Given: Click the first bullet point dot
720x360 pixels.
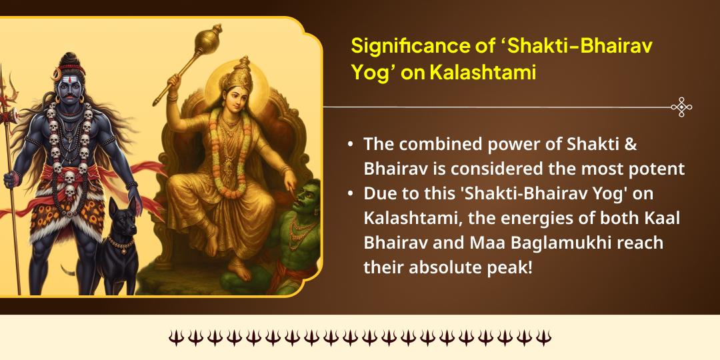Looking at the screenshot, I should click(351, 145).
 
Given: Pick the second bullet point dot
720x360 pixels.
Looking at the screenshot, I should click(351, 193).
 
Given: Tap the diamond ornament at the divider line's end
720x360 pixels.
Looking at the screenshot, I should click(681, 107).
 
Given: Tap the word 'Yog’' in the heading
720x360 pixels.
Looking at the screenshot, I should click(369, 72).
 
